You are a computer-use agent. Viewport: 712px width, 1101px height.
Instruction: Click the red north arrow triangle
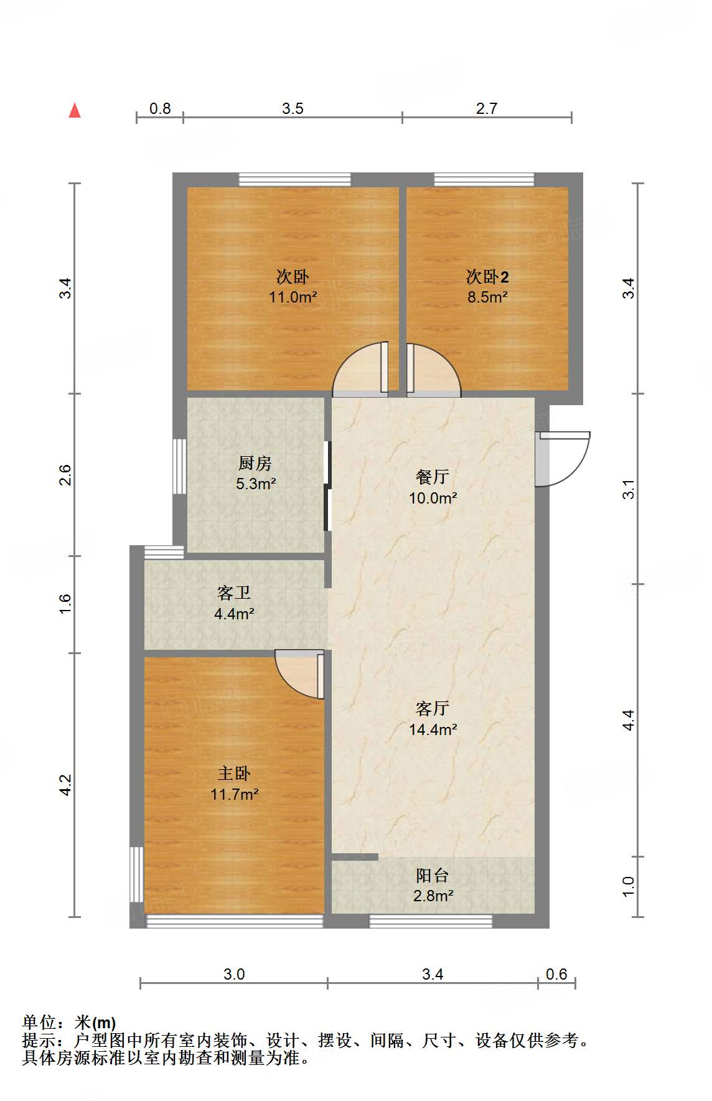coord(75,111)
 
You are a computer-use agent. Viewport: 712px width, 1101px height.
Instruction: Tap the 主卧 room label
coord(234,774)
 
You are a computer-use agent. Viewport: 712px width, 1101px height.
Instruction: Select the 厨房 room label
coord(255,464)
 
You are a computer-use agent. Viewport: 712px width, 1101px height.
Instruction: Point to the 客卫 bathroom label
coord(234,593)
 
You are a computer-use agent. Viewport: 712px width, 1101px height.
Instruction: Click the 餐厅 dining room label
coord(433,477)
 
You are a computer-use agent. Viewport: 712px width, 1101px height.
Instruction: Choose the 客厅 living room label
coord(433,709)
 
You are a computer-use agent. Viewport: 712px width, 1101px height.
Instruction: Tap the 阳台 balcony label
coord(433,876)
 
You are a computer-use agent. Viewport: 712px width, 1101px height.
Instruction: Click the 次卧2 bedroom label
coord(487,277)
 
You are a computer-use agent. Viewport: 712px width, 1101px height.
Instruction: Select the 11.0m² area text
coord(293,298)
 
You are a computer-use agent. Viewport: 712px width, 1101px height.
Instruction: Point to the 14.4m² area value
coord(433,729)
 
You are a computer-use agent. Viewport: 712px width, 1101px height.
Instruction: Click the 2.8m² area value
coord(433,896)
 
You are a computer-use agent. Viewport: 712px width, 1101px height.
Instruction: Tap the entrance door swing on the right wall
coord(563,459)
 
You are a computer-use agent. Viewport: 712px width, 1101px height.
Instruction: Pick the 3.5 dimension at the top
coord(293,109)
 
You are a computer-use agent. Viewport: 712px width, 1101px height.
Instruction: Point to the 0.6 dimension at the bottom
coord(556,974)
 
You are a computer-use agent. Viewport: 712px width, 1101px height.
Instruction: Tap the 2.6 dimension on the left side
coord(66,475)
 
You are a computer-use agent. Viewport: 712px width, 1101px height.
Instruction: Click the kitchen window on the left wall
coord(179,466)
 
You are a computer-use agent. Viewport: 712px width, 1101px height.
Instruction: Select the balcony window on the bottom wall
coord(431,921)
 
